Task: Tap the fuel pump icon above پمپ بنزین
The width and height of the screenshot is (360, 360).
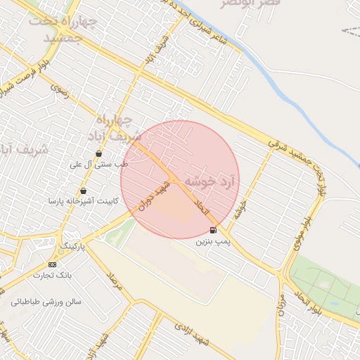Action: tap(213, 230)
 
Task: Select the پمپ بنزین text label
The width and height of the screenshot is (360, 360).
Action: tap(212, 242)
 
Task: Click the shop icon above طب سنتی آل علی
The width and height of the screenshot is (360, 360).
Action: tap(98, 153)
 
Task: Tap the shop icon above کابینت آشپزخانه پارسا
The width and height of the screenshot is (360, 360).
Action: tap(84, 191)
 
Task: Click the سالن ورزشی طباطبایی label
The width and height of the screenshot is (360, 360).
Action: tap(46, 302)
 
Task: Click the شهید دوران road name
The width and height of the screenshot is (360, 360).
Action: tap(154, 198)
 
